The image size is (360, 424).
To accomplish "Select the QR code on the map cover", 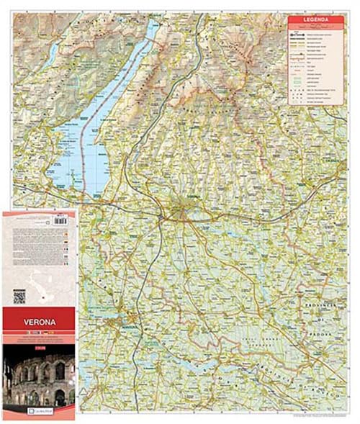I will click(x=19, y=296).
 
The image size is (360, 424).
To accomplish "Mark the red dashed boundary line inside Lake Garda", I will click(x=115, y=108).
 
